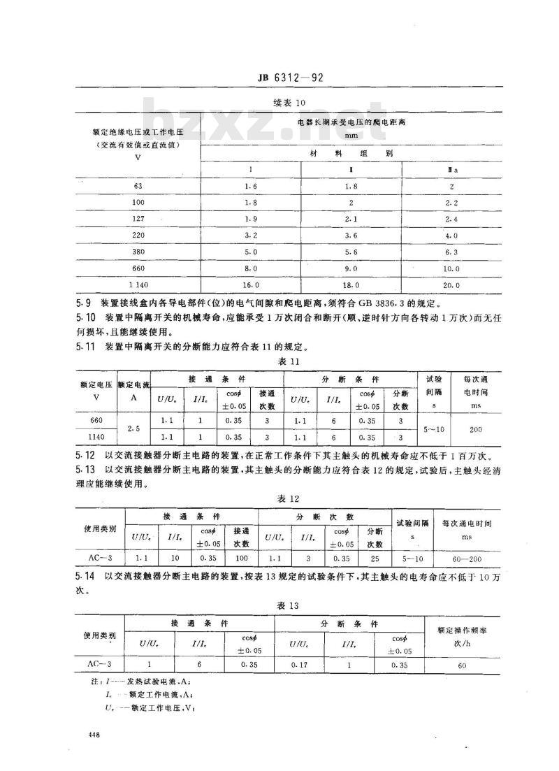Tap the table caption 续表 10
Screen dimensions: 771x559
pyautogui.click(x=289, y=103)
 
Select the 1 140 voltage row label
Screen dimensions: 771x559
pyautogui.click(x=137, y=284)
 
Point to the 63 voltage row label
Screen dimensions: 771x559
pyautogui.click(x=137, y=187)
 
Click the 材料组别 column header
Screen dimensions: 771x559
pyautogui.click(x=351, y=152)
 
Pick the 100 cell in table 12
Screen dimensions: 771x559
pyautogui.click(x=241, y=559)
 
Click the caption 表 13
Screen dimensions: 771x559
pyautogui.click(x=289, y=605)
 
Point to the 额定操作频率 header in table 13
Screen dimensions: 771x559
pyautogui.click(x=462, y=630)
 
